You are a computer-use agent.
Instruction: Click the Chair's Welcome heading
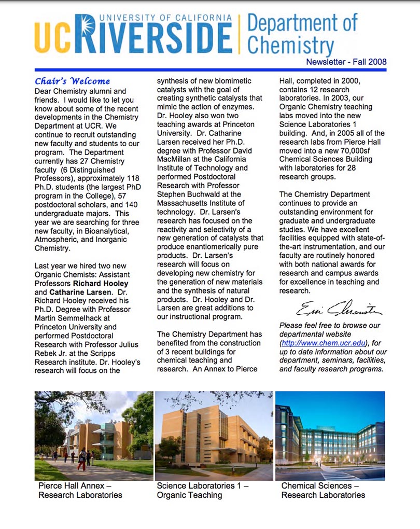click(72, 81)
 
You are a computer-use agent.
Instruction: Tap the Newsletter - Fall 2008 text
click(346, 62)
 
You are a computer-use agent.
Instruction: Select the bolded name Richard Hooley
click(101, 283)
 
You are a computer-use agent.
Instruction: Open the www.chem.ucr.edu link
click(324, 343)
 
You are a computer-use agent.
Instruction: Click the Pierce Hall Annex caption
click(80, 490)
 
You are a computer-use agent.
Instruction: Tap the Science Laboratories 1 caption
click(202, 490)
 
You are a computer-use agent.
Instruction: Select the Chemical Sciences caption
click(323, 490)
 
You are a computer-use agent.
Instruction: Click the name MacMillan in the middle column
click(178, 159)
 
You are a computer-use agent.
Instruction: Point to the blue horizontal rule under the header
click(210, 70)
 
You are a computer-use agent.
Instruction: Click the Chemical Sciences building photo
click(330, 436)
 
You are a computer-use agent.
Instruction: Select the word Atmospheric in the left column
click(58, 240)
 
